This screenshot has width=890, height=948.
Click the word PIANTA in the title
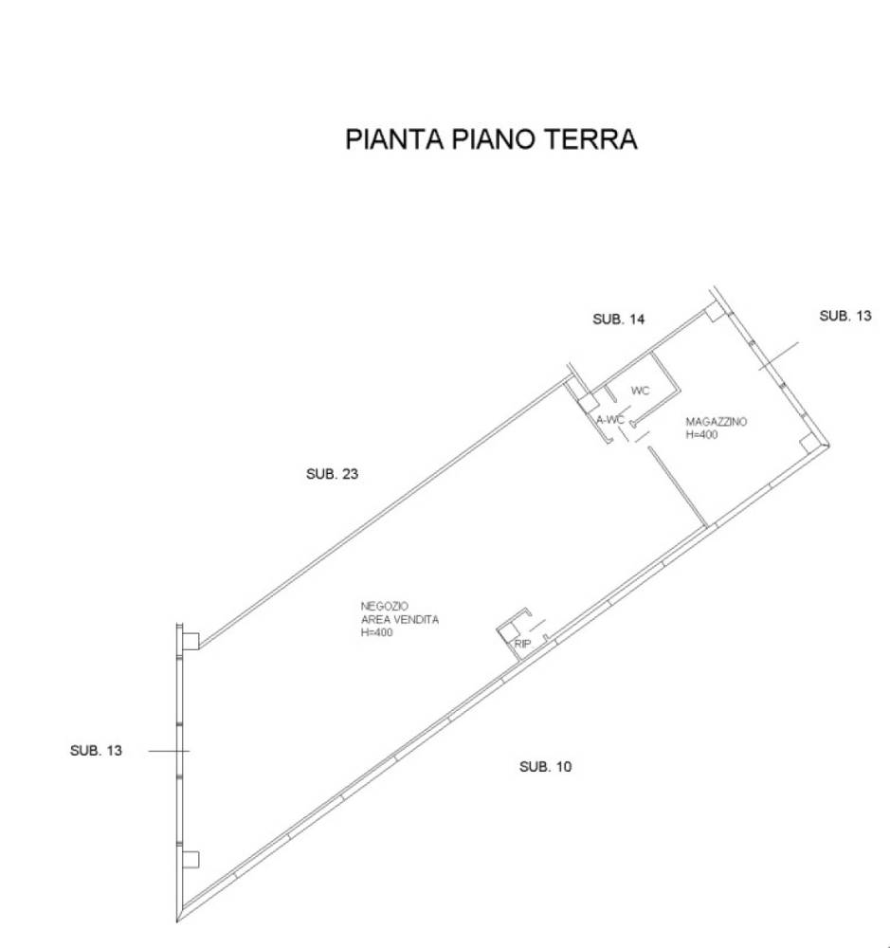pyautogui.click(x=395, y=138)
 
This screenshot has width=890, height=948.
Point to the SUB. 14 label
pyautogui.click(x=619, y=319)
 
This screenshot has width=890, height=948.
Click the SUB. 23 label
pyautogui.click(x=332, y=474)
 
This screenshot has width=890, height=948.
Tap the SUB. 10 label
pyautogui.click(x=545, y=767)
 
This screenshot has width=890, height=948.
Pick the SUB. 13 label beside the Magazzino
pyautogui.click(x=845, y=316)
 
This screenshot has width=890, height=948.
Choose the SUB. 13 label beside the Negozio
pyautogui.click(x=96, y=750)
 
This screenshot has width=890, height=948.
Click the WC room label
pyautogui.click(x=640, y=391)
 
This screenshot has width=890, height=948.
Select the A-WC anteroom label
pyautogui.click(x=610, y=420)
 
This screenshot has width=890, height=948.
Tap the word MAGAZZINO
pyautogui.click(x=716, y=422)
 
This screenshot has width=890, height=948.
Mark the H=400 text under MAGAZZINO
pyautogui.click(x=701, y=435)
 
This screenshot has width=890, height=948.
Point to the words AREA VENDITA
pyautogui.click(x=400, y=619)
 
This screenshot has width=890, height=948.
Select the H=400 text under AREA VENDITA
pyautogui.click(x=376, y=632)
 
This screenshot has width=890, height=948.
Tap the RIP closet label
pyautogui.click(x=522, y=644)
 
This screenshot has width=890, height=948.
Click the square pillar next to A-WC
pyautogui.click(x=587, y=403)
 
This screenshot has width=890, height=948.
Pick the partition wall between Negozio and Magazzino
pyautogui.click(x=677, y=487)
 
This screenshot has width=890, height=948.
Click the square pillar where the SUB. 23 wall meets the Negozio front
pyautogui.click(x=191, y=641)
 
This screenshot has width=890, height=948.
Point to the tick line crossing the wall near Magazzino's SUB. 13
pyautogui.click(x=779, y=356)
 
